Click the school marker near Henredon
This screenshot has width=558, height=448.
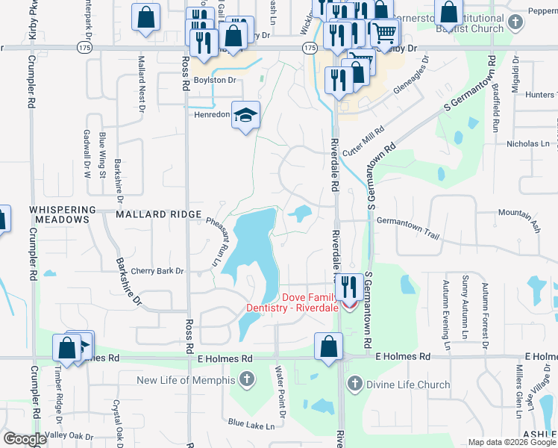[245, 115]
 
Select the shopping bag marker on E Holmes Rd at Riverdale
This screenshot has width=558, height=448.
[328, 346]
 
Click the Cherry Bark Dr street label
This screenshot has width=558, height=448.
[157, 271]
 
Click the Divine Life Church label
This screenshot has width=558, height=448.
[407, 385]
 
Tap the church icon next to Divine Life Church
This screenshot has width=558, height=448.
[355, 385]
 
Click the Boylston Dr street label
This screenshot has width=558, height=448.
[215, 80]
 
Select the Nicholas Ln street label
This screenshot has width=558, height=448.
[527, 143]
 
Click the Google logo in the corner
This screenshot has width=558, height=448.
[25, 439]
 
